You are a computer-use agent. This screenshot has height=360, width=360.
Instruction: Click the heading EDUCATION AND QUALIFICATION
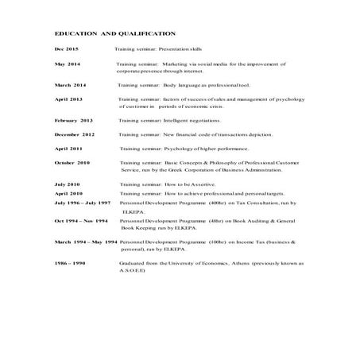[114, 34]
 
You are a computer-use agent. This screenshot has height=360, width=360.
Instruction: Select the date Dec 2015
[66, 49]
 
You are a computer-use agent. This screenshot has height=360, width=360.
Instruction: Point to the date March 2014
[70, 84]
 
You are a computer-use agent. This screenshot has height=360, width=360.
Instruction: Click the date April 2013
[68, 99]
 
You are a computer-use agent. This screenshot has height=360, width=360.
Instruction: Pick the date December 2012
[75, 134]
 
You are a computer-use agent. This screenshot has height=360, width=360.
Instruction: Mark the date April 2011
[68, 149]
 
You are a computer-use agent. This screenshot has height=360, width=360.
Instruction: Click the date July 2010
[68, 184]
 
